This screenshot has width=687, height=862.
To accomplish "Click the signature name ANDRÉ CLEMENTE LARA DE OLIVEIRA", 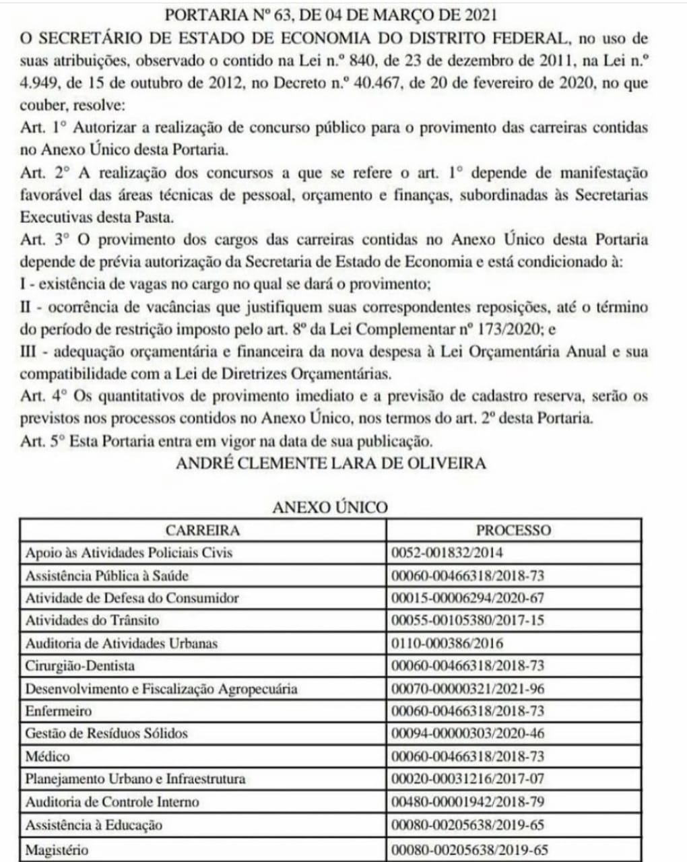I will click(x=330, y=463).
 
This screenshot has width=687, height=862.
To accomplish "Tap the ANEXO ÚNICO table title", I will click(x=330, y=506).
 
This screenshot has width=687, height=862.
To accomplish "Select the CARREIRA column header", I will click(x=203, y=530).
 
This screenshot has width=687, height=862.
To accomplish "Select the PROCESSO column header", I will click(x=513, y=530).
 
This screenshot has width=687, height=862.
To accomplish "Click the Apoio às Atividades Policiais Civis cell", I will click(x=129, y=553).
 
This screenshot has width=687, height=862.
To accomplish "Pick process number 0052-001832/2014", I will click(x=447, y=553).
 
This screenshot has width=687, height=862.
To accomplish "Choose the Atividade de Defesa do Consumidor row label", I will click(x=132, y=598).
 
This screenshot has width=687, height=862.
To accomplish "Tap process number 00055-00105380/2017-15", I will click(x=467, y=620).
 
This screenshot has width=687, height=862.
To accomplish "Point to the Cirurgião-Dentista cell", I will click(x=79, y=666).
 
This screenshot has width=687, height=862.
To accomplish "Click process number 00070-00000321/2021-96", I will click(x=467, y=689).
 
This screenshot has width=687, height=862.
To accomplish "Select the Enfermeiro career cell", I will click(x=58, y=711).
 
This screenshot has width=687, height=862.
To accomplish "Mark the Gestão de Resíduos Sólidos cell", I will click(x=106, y=733).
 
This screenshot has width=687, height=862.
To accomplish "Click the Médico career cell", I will click(x=47, y=756).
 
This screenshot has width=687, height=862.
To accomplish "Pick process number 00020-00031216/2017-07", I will click(x=467, y=779).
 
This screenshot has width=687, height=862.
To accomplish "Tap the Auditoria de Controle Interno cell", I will click(x=112, y=802).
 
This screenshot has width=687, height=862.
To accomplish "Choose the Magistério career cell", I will click(x=57, y=850).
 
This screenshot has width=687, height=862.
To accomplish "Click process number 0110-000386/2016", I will click(x=447, y=643).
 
